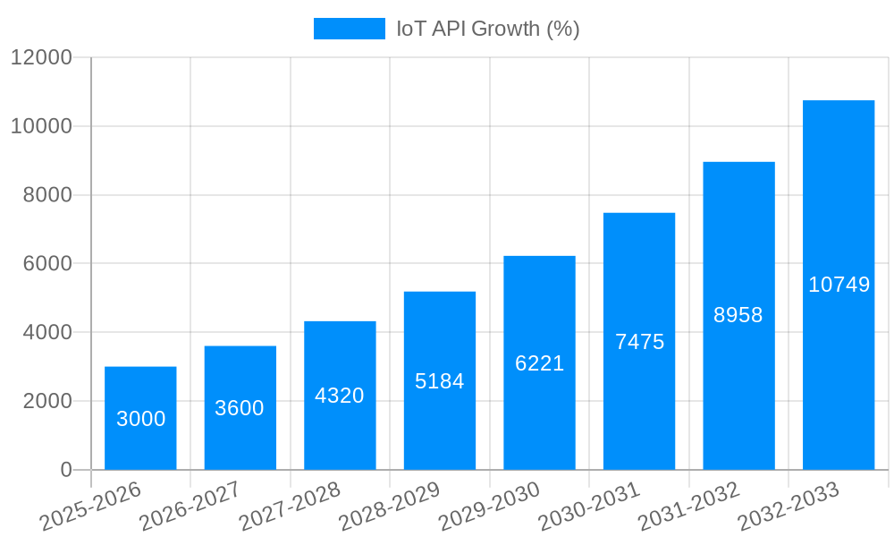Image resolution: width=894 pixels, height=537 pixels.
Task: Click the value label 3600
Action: coord(240,408)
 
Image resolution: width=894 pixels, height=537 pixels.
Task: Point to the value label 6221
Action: coord(539,363)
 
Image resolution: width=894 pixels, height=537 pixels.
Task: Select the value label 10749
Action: coord(839,285)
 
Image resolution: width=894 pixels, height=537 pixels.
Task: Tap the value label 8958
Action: coord(738,315)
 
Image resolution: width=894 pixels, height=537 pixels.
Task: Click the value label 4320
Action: coord(340,396)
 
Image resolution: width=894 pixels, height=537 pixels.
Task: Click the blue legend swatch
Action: coord(349,29)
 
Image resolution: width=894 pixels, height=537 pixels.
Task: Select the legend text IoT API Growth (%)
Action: coord(488,29)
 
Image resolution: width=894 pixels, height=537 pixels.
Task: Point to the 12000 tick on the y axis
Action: coord(41,57)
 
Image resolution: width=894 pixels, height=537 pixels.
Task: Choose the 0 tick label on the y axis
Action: coord(66,470)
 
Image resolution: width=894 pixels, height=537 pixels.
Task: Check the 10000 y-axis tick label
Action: coord(41,126)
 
